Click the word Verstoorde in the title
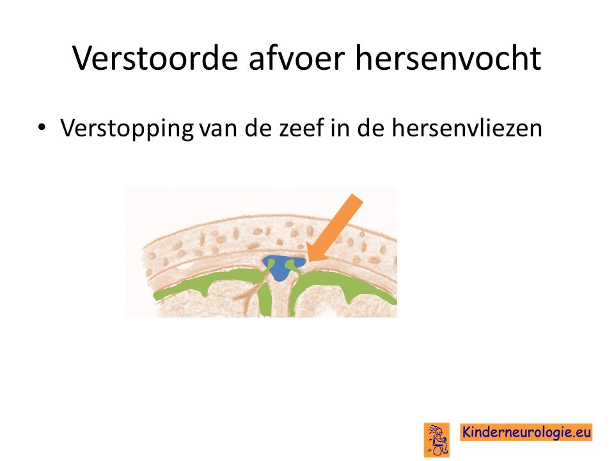tap(155, 58)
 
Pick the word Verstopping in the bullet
tap(127, 128)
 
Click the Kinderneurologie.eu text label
tap(526, 432)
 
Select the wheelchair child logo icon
tap(437, 439)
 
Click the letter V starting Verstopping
tap(68, 128)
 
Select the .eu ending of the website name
tap(582, 433)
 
